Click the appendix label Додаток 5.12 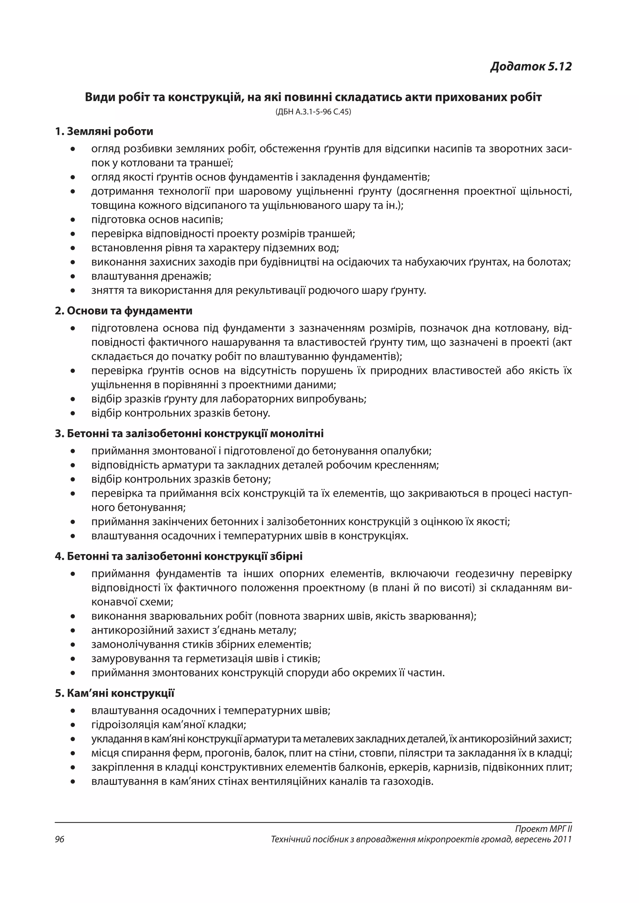click(531, 66)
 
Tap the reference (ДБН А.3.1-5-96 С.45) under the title click(313, 112)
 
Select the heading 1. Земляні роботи click(104, 131)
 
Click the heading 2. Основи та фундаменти click(124, 311)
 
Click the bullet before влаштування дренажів click(73, 277)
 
